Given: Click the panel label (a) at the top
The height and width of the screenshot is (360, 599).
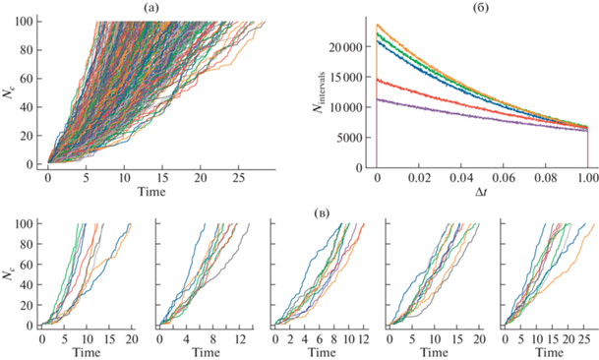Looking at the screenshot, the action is coord(152,7).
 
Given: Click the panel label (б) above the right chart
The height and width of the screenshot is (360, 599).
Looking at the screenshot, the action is coord(481,7).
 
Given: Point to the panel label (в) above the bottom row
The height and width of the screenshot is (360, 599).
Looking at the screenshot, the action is coord(322,212).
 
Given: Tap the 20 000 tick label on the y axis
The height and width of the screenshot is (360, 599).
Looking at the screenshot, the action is coord(345,47).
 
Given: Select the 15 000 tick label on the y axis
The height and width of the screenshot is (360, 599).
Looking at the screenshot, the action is coord(345,77).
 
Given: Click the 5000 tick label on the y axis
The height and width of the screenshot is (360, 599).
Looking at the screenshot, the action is coord(349,138).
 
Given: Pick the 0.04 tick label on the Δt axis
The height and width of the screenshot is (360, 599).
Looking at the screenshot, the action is coord(461,178).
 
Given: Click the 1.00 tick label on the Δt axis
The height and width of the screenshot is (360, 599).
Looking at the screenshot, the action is coord(587,178).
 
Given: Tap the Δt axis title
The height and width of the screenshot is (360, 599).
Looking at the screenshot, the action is coord(481,192).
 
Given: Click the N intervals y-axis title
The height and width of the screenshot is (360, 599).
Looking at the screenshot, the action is coord(319,91).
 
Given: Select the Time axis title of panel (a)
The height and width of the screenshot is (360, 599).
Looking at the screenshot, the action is coord(151,192).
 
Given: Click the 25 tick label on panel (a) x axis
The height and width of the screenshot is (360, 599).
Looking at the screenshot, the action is coord(238,178).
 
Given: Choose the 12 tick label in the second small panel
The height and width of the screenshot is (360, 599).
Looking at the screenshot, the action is coord(239,339).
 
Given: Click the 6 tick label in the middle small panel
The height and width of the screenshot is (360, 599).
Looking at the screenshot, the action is coord(320,339).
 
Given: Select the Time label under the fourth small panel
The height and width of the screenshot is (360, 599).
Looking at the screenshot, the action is coord(435,352).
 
